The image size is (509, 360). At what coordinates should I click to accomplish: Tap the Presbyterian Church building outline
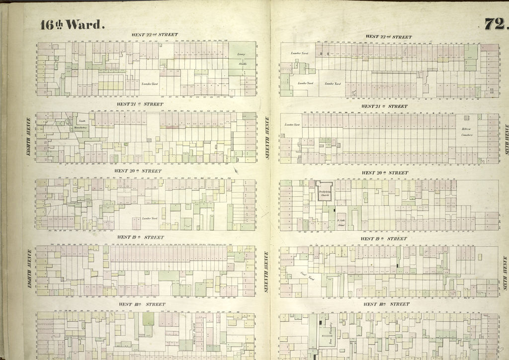tap(324, 191)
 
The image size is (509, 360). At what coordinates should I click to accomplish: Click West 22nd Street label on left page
tap(154, 35)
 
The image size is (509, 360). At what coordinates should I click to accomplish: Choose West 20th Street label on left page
tap(138, 171)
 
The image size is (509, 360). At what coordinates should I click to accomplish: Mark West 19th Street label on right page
tap(384, 239)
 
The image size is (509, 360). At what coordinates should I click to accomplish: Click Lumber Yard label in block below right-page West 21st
tap(292, 125)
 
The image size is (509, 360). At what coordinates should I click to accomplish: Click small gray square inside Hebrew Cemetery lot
tap(466, 117)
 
